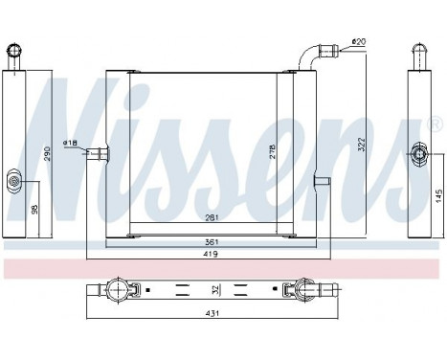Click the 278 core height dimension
(x=271, y=150)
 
